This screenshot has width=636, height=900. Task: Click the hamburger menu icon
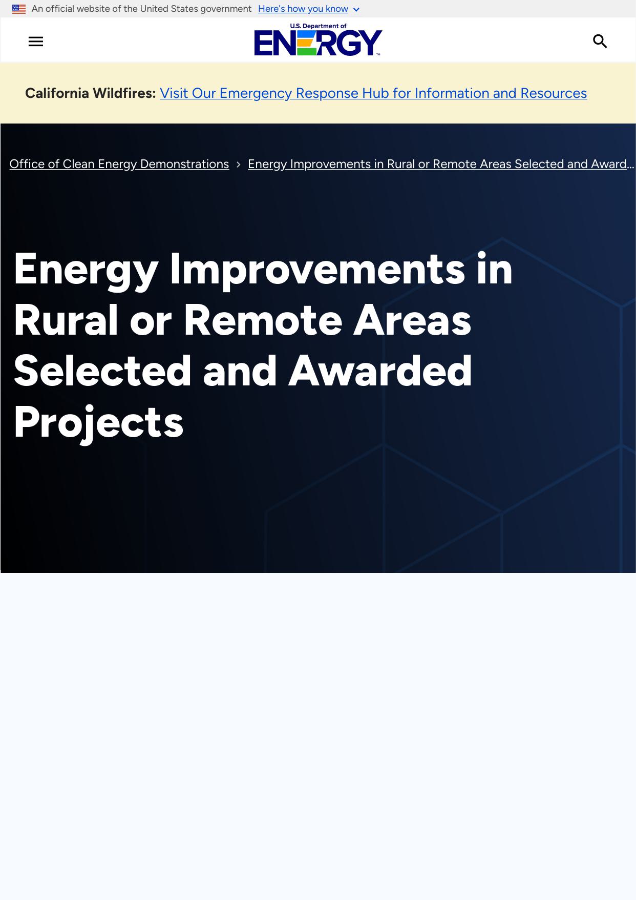click(x=36, y=42)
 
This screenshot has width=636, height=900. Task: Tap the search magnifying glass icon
click(x=600, y=42)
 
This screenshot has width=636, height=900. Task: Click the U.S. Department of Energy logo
click(x=318, y=39)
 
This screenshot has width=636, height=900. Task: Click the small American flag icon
click(x=19, y=9)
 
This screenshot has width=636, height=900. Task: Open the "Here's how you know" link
click(x=303, y=9)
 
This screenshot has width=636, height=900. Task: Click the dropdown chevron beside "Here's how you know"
click(x=356, y=10)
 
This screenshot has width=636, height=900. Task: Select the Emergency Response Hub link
click(x=373, y=93)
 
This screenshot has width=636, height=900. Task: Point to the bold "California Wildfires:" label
click(x=91, y=93)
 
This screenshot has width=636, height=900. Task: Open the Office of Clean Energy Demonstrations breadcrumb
click(x=119, y=164)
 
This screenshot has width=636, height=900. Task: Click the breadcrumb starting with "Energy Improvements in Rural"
click(x=441, y=164)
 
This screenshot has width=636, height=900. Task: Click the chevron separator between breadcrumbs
click(x=239, y=165)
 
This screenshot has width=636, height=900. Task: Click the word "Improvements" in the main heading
click(x=317, y=270)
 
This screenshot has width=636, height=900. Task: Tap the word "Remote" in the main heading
click(x=263, y=320)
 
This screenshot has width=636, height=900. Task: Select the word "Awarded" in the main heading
click(x=380, y=371)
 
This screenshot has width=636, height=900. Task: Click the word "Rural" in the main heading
click(x=66, y=320)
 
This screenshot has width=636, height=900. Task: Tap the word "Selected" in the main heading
click(x=102, y=371)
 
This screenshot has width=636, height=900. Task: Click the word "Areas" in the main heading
click(x=412, y=320)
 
